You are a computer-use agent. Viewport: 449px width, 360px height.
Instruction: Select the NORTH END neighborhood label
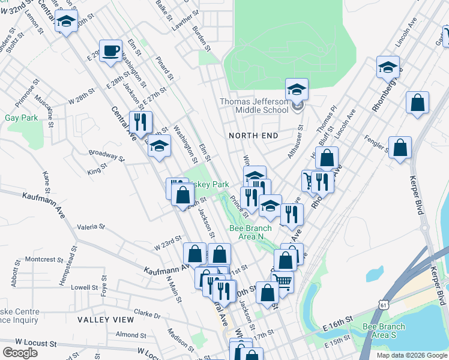pos(254,136)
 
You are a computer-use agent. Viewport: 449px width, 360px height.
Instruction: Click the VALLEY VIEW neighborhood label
pos(106,320)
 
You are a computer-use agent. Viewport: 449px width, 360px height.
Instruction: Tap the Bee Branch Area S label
pos(384,331)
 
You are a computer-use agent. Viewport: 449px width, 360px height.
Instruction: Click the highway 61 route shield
pos(383,305)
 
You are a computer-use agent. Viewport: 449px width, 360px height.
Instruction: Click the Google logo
pos(20,352)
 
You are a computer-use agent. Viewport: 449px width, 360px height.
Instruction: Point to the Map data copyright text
pos(411,355)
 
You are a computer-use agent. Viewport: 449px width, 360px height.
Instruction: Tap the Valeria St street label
pos(91,227)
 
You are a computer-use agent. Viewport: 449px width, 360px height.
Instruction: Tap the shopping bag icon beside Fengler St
pos(400,148)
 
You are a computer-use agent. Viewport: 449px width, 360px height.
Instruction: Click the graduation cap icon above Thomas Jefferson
pos(297,90)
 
